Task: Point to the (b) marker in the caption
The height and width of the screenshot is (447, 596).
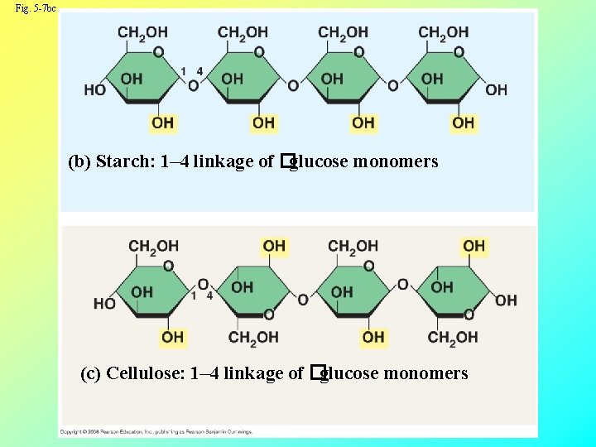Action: (x=79, y=161)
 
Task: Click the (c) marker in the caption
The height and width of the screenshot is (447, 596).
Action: (x=91, y=373)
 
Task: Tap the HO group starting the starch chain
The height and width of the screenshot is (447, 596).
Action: (x=94, y=89)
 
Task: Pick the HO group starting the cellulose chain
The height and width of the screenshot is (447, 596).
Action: (x=104, y=304)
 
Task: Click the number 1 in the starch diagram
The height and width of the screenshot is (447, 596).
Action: (x=183, y=71)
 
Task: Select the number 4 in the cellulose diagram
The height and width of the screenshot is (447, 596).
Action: (x=210, y=295)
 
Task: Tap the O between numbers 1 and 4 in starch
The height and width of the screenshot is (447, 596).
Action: (x=193, y=85)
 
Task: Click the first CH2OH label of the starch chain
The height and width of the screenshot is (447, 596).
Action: (x=142, y=32)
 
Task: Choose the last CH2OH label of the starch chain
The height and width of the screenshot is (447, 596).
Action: (x=443, y=32)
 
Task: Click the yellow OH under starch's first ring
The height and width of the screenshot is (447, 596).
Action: (x=162, y=123)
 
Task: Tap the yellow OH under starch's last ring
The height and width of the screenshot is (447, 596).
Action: (x=464, y=123)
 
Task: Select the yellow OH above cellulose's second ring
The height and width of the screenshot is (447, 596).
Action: (x=274, y=246)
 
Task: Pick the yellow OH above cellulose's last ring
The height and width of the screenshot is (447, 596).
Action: (x=474, y=246)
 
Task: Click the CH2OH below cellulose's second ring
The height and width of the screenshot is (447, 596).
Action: (x=253, y=337)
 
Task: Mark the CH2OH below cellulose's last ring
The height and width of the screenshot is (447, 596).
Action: (x=453, y=337)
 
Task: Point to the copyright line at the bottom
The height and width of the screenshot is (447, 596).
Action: (x=157, y=431)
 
